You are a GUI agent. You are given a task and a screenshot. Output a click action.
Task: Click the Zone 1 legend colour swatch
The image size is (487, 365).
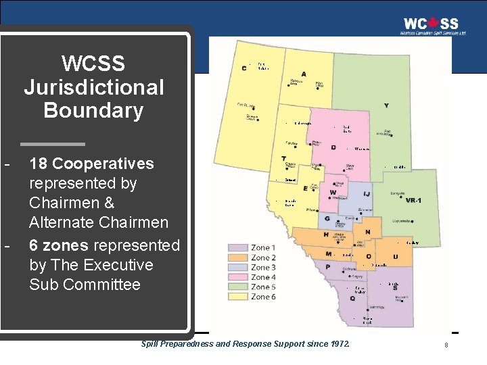coord(239,248)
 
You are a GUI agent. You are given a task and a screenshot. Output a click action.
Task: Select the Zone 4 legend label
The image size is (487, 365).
coord(262,277)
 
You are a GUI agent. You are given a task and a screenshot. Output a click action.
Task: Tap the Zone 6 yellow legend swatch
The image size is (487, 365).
coord(239,297)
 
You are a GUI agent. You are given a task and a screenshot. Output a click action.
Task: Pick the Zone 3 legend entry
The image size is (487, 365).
coord(262,268)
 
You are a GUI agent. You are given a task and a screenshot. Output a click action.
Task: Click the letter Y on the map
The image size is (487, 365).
coord(386,105)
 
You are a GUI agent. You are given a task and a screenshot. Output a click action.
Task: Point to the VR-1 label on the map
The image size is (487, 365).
coord(414,200)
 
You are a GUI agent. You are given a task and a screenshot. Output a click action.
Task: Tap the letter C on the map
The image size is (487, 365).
coord(244,68)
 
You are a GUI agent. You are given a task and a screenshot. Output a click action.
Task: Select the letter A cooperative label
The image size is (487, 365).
coord(303,74)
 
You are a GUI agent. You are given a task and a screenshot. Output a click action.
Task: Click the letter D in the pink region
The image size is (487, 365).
coord(333,147)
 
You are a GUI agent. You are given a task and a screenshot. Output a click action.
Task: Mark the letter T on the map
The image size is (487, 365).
coord(283,159)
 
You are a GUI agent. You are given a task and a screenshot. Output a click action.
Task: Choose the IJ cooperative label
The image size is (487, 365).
coord(366,194)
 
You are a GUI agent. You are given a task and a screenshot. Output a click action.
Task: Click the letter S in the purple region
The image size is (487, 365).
coord(395,289)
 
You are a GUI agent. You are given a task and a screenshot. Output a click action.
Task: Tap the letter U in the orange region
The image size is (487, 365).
coord(395,257)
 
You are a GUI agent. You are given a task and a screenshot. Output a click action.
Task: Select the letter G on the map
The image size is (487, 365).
coord(327,218)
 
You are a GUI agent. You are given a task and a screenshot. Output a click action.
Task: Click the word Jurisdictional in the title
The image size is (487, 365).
coord(94,87)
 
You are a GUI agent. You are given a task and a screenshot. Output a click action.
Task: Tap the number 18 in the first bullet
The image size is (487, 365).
coord(39,164)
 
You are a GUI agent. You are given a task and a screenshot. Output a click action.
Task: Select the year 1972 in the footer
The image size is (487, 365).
coord(338,344)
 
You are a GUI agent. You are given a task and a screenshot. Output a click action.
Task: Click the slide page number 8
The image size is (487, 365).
coord(446,345)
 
